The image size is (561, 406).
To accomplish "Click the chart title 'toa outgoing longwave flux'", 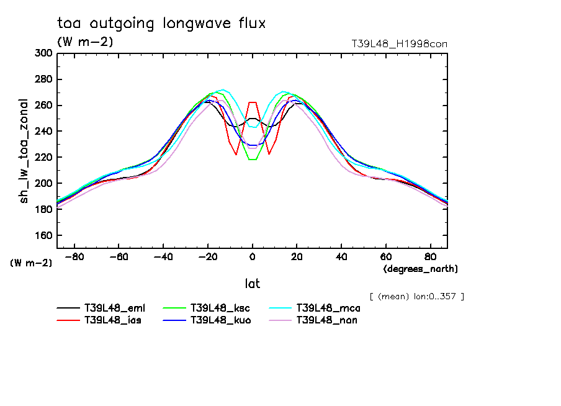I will pos(161,24).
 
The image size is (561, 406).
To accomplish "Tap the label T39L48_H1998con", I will pos(399,44).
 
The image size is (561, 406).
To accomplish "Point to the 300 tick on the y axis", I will pos(42,53).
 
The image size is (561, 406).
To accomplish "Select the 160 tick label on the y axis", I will pos(42,236).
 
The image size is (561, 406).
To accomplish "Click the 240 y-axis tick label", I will pos(42,132).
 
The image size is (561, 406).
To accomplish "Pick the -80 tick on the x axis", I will pos(75,256).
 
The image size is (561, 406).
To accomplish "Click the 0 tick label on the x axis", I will pos(253,256).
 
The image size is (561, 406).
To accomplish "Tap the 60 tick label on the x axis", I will pos(385,256).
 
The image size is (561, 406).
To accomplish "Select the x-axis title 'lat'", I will pos(252,284).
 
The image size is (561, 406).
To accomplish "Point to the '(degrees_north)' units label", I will pos(421,269).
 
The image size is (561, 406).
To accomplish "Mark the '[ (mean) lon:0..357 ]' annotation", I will pos(416,296).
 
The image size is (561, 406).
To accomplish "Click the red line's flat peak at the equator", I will pos(253,102).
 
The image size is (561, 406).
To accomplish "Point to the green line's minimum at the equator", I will pos(253,160).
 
